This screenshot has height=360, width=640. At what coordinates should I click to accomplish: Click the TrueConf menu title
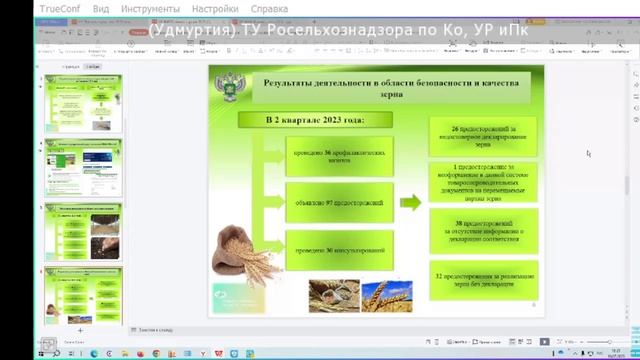33,8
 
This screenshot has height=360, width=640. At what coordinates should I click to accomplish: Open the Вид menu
101,8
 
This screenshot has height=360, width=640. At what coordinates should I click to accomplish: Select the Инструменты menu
150,8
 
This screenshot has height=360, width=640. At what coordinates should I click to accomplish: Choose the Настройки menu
215,8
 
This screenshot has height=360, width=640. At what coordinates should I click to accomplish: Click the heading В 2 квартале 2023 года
315,120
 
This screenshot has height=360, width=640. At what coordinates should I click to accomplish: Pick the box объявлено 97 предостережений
334,202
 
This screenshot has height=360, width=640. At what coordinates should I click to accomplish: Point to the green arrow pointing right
410,203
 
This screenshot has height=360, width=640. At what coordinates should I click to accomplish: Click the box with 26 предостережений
483,136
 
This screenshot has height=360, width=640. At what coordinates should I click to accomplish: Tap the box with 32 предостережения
483,279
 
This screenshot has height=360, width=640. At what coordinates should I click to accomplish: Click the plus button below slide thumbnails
81,328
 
